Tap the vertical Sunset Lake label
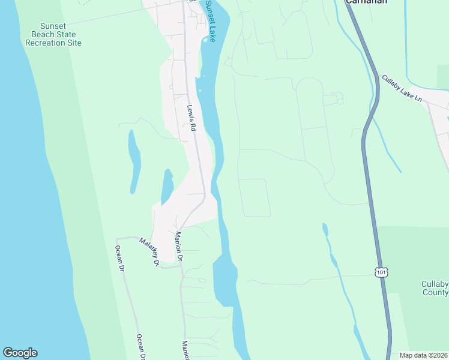211,20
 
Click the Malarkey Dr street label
149,251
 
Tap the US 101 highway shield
381,272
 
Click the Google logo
20,352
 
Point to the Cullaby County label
435,288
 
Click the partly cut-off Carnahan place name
366,2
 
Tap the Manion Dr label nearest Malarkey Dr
178,245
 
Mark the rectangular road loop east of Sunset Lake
255,197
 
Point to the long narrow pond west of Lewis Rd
134,161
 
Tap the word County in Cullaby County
436,293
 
